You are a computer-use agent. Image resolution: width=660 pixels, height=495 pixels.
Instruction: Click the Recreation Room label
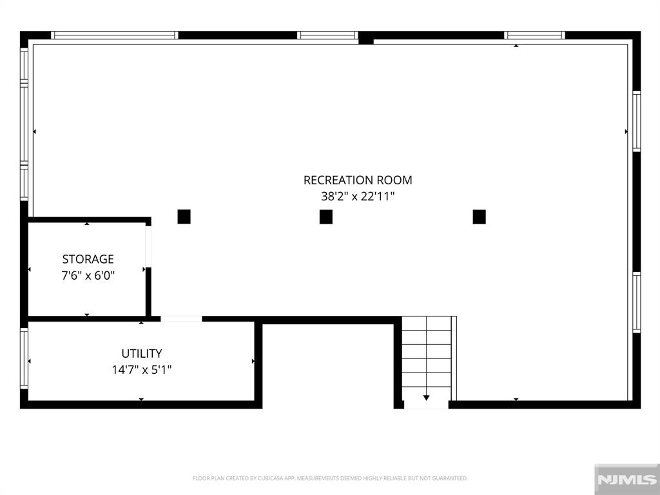pos(358,180)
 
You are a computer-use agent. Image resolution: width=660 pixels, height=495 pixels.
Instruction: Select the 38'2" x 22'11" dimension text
pos(358,196)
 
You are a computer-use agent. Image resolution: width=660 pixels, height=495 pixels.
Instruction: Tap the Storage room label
pos(88,259)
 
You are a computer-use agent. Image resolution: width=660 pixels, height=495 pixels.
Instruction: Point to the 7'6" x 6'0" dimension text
pos(88,275)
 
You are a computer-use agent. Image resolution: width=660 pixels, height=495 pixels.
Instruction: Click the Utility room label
pos(141,353)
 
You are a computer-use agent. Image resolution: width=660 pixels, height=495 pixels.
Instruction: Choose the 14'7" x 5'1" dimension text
pos(141,369)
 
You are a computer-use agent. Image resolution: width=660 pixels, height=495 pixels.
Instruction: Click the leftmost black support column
pos(184,217)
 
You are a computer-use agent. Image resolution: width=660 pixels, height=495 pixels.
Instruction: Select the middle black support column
pos(326,217)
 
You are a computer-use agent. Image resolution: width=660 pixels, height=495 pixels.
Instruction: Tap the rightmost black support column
pos(479,217)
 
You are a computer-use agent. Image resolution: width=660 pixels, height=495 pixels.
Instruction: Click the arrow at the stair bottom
pos(427,397)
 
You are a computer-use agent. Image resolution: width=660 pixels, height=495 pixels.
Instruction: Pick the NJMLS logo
pos(626,479)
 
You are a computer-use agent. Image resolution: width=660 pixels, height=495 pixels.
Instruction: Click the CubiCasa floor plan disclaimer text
pos(330,478)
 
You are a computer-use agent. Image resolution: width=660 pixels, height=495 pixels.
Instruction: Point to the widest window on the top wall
pos(115,35)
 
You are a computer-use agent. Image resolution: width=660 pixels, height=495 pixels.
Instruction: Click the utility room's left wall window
pos(24,358)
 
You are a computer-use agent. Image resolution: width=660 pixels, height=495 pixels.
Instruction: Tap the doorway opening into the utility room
pos(181,318)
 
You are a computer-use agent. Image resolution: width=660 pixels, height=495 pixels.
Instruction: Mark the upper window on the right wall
pos(637,121)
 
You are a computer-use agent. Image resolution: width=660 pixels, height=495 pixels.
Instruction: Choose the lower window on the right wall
pos(637,303)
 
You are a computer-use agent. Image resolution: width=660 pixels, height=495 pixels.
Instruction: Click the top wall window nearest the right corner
pos(534,35)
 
